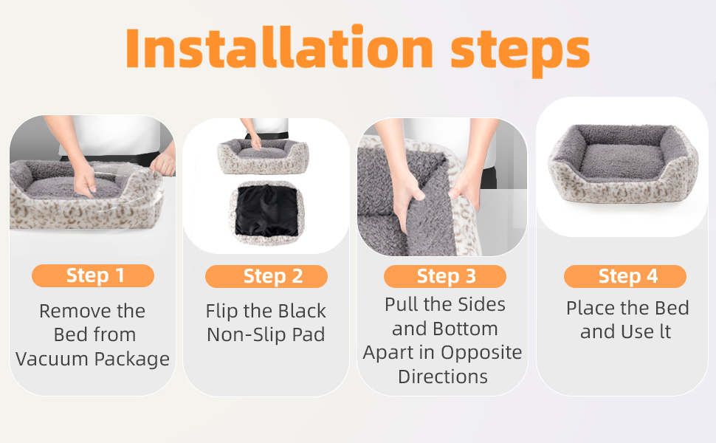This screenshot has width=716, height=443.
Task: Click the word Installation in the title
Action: point(279,47)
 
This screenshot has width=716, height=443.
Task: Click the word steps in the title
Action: point(520,52)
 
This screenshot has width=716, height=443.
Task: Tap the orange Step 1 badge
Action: point(93,276)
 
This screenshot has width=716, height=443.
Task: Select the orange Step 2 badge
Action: point(266,276)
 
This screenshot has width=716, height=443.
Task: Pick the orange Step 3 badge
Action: point(445,276)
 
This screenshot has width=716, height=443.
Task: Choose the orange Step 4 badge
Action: point(625,276)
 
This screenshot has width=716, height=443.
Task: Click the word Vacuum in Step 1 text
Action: point(51,359)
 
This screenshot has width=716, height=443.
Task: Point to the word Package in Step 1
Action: point(131,360)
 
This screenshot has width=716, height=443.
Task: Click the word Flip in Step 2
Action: point(221,312)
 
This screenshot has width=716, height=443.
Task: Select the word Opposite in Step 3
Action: point(481,353)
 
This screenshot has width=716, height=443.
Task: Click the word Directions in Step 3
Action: point(442,377)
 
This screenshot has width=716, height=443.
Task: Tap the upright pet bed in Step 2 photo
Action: point(264,156)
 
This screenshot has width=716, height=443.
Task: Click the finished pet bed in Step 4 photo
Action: point(623,162)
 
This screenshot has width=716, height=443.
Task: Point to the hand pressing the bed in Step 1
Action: point(84,180)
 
